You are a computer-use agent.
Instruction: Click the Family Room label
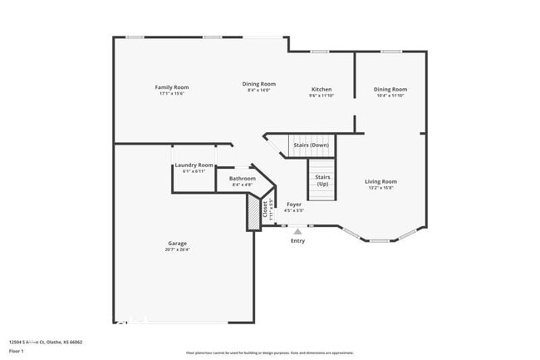point(172,87)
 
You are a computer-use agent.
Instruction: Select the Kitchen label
point(322,89)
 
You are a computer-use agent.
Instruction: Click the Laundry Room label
point(194,165)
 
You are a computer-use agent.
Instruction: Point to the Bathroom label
point(243,178)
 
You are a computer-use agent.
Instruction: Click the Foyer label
point(294,204)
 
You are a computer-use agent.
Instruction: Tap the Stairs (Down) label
point(312,145)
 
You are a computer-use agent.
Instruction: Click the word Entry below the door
point(297,241)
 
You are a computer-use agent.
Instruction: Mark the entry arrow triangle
point(297,231)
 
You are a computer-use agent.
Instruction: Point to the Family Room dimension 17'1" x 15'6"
point(172,94)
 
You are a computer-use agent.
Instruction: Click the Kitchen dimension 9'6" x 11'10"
point(322,96)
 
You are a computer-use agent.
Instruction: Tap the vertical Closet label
point(265,210)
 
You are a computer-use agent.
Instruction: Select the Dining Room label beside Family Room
point(259,83)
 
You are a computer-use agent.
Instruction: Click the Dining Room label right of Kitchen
point(390,89)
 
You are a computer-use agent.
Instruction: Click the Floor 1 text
point(17,351)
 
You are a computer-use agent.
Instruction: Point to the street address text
point(46,342)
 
